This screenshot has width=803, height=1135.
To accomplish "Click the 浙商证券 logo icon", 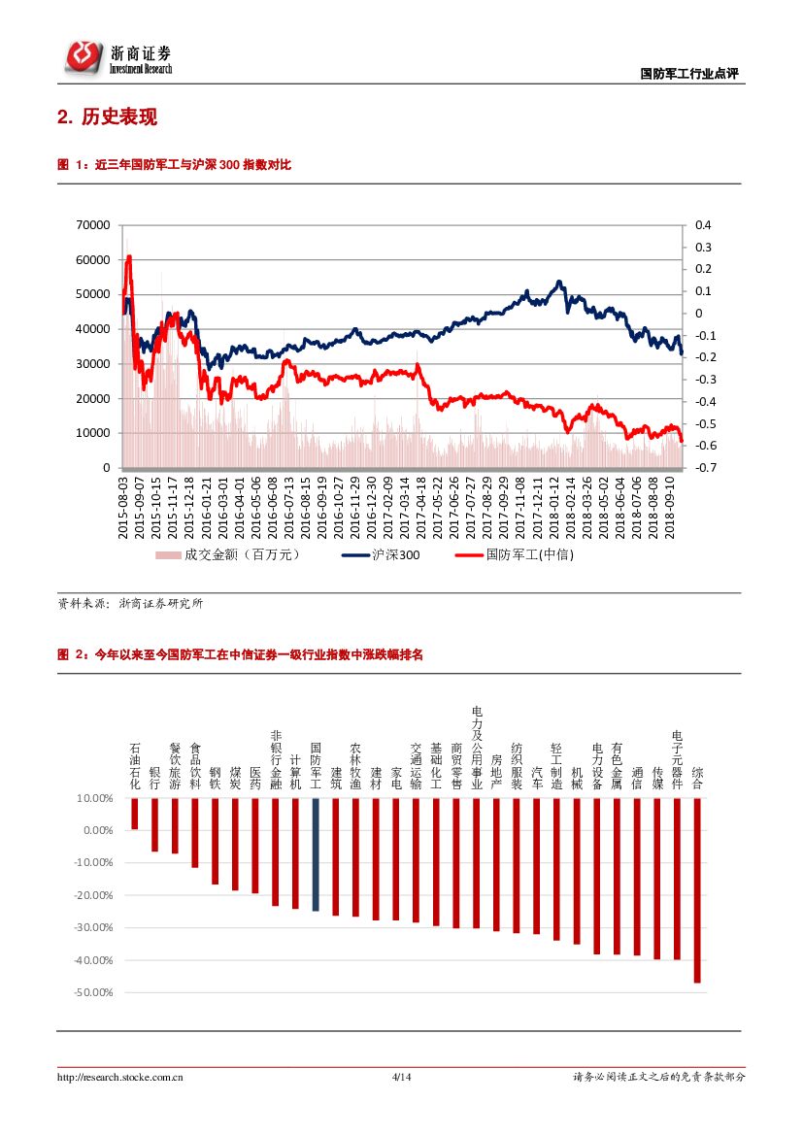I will (84, 55).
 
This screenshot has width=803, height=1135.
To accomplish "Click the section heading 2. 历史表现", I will (107, 117).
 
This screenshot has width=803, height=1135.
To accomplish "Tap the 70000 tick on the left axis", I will (93, 225).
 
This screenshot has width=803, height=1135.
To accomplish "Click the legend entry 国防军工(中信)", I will (514, 555).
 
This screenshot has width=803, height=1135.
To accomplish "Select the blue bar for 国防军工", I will (316, 854).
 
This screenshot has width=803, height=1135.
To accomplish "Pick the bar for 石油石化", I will (134, 814).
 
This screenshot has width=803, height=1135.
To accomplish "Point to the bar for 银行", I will (154, 824).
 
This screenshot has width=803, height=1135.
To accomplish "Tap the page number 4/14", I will (401, 1077).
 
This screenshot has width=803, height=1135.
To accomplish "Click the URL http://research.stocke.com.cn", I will (121, 1077).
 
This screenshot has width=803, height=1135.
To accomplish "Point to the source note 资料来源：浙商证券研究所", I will (131, 603).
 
